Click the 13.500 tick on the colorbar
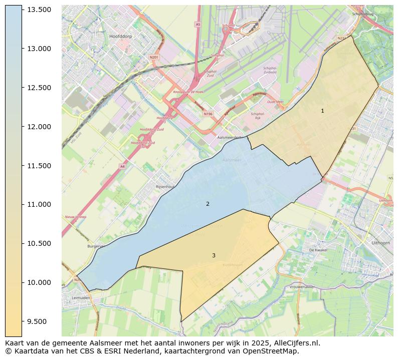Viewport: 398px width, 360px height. (40, 10)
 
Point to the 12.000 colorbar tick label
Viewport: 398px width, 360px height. (40, 127)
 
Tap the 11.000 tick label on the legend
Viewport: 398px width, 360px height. (40, 204)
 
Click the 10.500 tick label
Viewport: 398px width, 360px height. (40, 243)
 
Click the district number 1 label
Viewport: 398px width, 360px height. (322, 111)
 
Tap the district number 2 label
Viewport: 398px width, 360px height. (208, 204)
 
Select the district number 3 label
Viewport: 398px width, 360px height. (214, 255)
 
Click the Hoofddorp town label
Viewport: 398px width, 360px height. (121, 37)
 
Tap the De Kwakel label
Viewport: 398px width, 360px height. (318, 249)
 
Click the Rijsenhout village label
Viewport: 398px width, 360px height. (166, 186)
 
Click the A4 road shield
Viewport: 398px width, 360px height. (122, 166)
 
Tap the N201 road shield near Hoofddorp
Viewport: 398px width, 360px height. (154, 57)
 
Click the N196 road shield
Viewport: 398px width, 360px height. (208, 114)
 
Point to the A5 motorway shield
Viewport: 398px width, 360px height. (197, 24)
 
